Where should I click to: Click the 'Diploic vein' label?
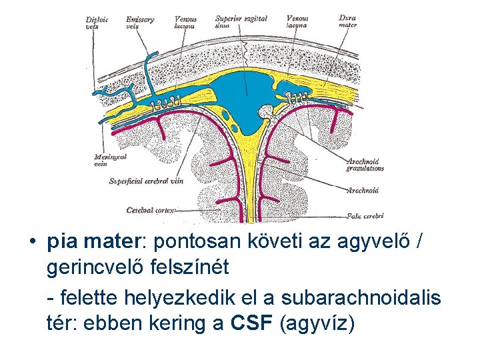tap(97, 23)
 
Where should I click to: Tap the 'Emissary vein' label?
tap(139, 23)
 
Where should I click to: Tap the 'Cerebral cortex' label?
tap(151, 209)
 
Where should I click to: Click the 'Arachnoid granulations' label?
tap(365, 165)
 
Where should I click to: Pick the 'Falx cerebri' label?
tap(365, 215)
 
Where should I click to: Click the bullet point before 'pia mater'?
tap(33, 241)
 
